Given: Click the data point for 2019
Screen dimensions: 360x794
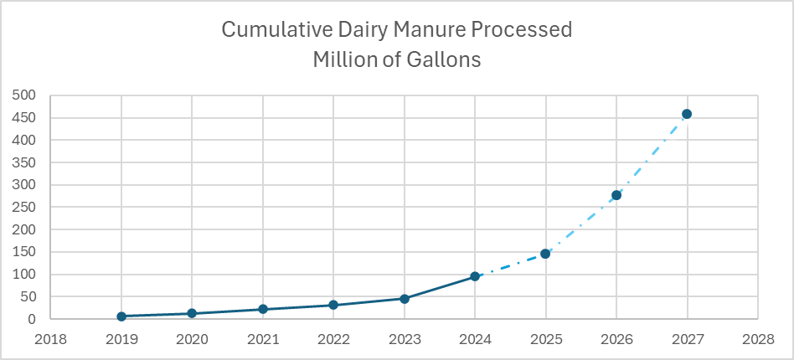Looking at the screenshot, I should coord(121,316).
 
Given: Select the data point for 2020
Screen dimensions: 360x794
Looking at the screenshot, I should coord(192,313).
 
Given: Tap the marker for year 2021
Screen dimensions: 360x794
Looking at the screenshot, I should coord(263,309).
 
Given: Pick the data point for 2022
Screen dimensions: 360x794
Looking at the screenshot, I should coord(333,305).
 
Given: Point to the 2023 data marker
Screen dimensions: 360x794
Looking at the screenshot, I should coord(405,298).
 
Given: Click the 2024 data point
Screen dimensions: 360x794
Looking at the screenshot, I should coord(475,276).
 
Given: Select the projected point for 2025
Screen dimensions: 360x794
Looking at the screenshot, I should coord(545,253).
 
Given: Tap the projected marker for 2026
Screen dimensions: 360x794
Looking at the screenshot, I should coord(616,195).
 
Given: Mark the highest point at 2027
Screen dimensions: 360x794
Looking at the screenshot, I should coord(687,114).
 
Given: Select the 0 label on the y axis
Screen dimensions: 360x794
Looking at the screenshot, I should coord(31,319).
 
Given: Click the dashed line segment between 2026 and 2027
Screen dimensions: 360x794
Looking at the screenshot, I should coord(652,155).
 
